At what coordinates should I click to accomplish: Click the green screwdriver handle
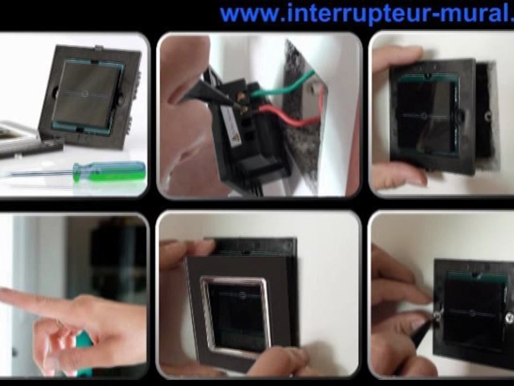click(109, 171)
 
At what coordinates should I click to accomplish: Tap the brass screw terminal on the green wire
click(242, 96)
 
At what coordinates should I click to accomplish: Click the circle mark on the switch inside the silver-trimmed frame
click(242, 294)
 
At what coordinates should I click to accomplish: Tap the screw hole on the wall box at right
click(488, 115)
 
